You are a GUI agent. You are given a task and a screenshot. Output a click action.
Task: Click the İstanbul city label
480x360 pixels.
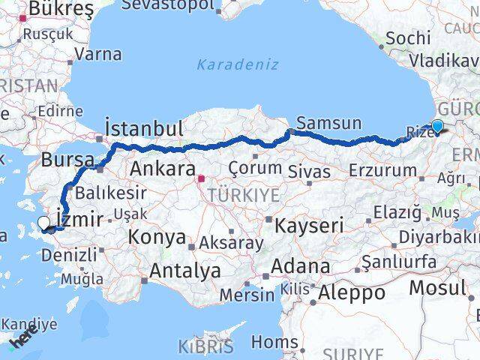coord(145,128)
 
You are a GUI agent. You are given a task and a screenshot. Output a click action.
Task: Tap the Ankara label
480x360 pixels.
coord(163,169)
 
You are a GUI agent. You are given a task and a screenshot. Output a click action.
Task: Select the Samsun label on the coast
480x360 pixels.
coord(328,123)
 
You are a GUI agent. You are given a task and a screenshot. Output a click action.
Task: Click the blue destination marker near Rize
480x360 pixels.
coord(436,128)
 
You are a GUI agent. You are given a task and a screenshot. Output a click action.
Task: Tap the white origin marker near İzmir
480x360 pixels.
coord(44,223)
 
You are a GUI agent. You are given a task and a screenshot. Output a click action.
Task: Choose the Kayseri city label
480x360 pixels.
coord(308,225)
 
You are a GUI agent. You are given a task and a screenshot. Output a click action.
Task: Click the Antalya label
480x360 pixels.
coord(185,271)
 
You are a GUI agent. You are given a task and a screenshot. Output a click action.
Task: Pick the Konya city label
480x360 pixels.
coord(157,237)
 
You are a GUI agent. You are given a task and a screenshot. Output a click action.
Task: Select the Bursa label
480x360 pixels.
coord(67,160)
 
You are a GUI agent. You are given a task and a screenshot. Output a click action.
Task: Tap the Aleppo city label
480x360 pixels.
coord(351,293)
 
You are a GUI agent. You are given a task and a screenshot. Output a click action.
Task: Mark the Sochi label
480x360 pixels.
coord(405,37)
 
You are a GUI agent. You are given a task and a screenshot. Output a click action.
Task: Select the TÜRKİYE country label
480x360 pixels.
coord(232,195)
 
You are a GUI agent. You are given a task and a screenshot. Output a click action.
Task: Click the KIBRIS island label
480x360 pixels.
coord(205,346)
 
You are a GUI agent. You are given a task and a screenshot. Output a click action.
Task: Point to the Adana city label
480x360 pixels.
coord(300,265)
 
